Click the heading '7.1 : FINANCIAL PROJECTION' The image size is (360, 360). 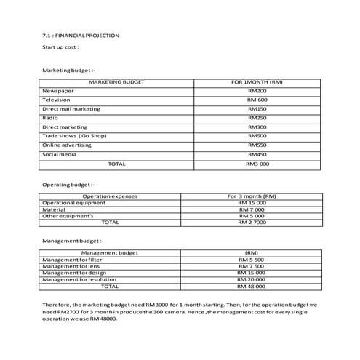tap(81, 35)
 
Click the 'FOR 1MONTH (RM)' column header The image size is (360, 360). tap(257, 82)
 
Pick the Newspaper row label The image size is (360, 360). tap(58, 90)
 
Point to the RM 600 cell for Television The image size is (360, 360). tap(257, 100)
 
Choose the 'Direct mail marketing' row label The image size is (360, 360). tap(72, 108)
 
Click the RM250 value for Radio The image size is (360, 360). tap(257, 118)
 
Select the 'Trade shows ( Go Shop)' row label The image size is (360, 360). tap(72, 136)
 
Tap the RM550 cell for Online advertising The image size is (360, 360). tap(257, 145)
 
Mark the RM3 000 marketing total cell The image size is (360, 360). tap(257, 164)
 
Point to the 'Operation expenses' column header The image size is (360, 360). tap(111, 196)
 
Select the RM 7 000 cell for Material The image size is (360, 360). tap(252, 209)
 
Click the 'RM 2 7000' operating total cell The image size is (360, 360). tap(252, 222)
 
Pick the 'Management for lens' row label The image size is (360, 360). tap(72, 266)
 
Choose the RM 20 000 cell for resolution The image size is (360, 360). tap(251, 280)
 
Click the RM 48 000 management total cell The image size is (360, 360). tap(251, 287)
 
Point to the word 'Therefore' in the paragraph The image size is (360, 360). tap(55, 305)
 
